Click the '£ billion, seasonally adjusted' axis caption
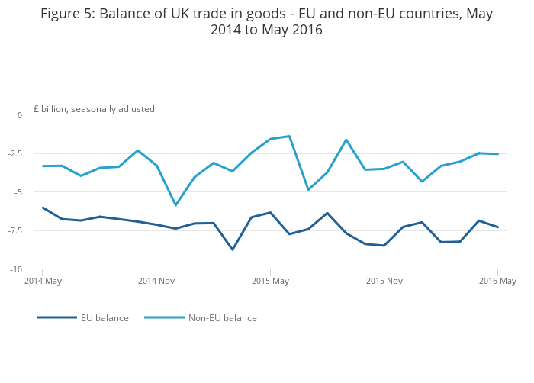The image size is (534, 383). tap(94, 109)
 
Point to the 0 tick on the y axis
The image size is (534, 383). tap(20, 115)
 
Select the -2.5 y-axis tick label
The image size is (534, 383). tap(15, 153)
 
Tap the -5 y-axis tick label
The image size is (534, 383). tap(18, 192)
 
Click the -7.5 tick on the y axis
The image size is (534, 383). tap(15, 231)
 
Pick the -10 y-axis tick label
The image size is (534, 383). tap(17, 270)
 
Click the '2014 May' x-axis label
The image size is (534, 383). tap(43, 282)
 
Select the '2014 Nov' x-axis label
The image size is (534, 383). tap(156, 282)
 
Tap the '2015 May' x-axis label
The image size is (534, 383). tap(270, 282)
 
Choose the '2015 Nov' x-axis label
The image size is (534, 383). tap(384, 282)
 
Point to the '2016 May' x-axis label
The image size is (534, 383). tap(497, 282)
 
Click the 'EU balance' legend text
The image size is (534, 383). tap(105, 318)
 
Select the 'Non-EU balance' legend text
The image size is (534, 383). tap(222, 318)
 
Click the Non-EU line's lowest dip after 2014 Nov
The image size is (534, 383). tap(175, 205)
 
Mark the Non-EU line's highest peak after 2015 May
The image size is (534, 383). tap(289, 136)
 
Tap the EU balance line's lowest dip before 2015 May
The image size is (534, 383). tap(233, 249)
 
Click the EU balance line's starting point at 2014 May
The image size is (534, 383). tap(43, 208)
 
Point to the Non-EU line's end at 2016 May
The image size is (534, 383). tap(497, 154)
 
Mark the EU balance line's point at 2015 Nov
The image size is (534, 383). tap(384, 246)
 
